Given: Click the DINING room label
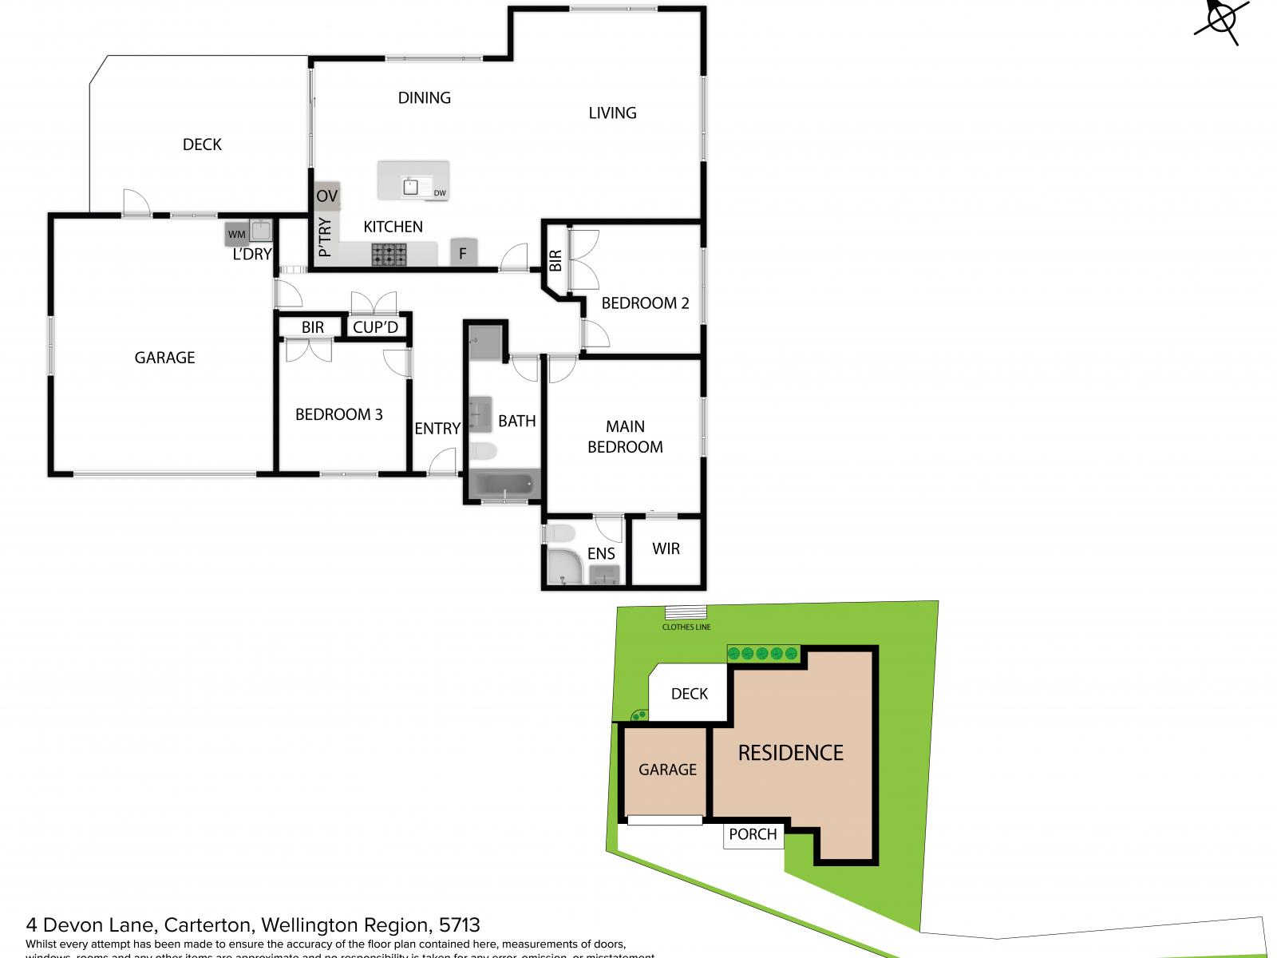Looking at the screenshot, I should pyautogui.click(x=424, y=97).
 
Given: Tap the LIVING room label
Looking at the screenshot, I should pyautogui.click(x=612, y=113).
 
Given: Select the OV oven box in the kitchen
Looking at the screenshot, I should pyautogui.click(x=327, y=196).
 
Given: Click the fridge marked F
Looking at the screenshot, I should pyautogui.click(x=463, y=252).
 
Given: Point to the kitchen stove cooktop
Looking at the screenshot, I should pyautogui.click(x=389, y=255).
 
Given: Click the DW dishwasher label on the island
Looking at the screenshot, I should pyautogui.click(x=440, y=193).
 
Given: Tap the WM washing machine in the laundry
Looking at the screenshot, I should pyautogui.click(x=237, y=234).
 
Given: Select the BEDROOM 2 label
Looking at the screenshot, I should pyautogui.click(x=645, y=303).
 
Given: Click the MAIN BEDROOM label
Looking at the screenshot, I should pyautogui.click(x=625, y=437).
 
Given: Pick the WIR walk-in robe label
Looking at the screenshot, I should pyautogui.click(x=666, y=549).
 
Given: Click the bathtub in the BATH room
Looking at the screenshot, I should pyautogui.click(x=504, y=484).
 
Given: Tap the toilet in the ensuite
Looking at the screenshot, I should pyautogui.click(x=559, y=532).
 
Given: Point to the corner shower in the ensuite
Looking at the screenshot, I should pyautogui.click(x=564, y=566).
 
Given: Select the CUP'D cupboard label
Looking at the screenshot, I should pyautogui.click(x=375, y=327).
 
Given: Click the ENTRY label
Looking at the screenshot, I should pyautogui.click(x=437, y=429).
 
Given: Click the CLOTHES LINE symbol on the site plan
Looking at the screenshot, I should pyautogui.click(x=686, y=612).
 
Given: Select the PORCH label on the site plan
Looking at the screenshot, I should pyautogui.click(x=753, y=834).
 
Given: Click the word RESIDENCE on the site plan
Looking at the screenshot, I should pyautogui.click(x=790, y=753).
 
